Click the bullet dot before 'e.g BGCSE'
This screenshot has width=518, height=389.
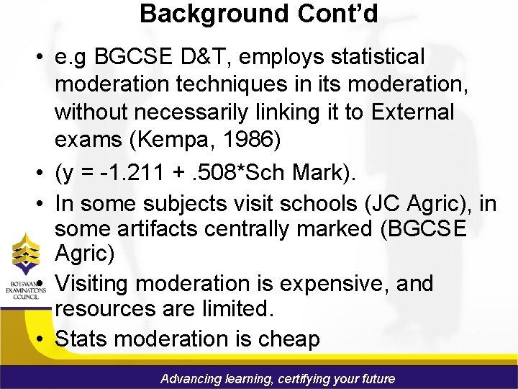[44, 57]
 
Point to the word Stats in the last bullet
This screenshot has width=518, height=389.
[82, 339]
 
